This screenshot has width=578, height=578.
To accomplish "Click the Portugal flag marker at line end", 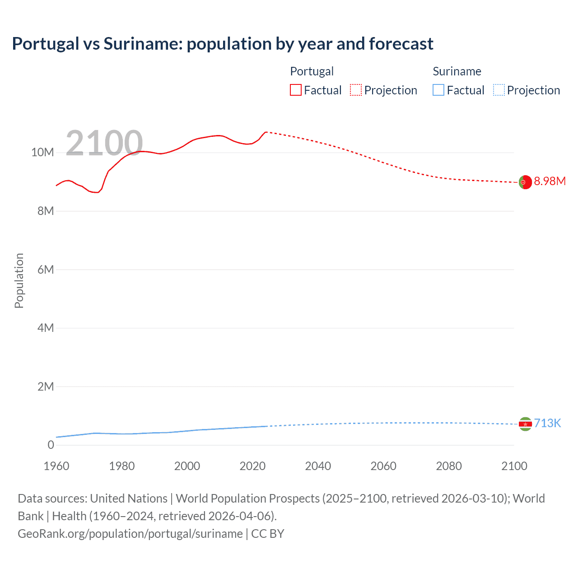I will [525, 182].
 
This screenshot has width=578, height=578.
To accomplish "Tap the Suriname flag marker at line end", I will [525, 424].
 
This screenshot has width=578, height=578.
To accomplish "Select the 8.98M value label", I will [550, 182].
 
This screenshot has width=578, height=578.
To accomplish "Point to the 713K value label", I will [547, 424].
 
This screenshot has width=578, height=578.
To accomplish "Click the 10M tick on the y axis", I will [42, 153].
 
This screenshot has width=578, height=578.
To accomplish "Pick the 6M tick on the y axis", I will [46, 270].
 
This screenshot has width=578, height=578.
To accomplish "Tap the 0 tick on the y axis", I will [51, 445].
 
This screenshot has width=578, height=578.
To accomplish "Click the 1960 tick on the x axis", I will [56, 466].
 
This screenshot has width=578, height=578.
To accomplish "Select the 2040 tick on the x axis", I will [318, 466].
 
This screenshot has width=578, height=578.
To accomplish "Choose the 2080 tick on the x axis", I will [449, 466].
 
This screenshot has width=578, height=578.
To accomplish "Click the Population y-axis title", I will [19, 280].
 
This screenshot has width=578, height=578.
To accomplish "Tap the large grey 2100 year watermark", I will [104, 144].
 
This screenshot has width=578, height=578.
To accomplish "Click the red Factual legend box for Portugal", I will [296, 90].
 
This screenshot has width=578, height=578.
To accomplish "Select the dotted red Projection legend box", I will [356, 90].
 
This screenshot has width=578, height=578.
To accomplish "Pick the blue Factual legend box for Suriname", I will [438, 90].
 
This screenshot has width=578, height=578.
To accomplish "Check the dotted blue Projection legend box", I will [499, 90].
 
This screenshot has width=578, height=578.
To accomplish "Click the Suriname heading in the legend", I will [457, 71].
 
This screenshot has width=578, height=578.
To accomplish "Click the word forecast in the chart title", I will [401, 44].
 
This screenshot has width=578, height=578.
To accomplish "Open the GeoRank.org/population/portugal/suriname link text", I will [130, 534].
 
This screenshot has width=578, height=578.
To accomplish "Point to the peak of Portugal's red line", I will [266, 132].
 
